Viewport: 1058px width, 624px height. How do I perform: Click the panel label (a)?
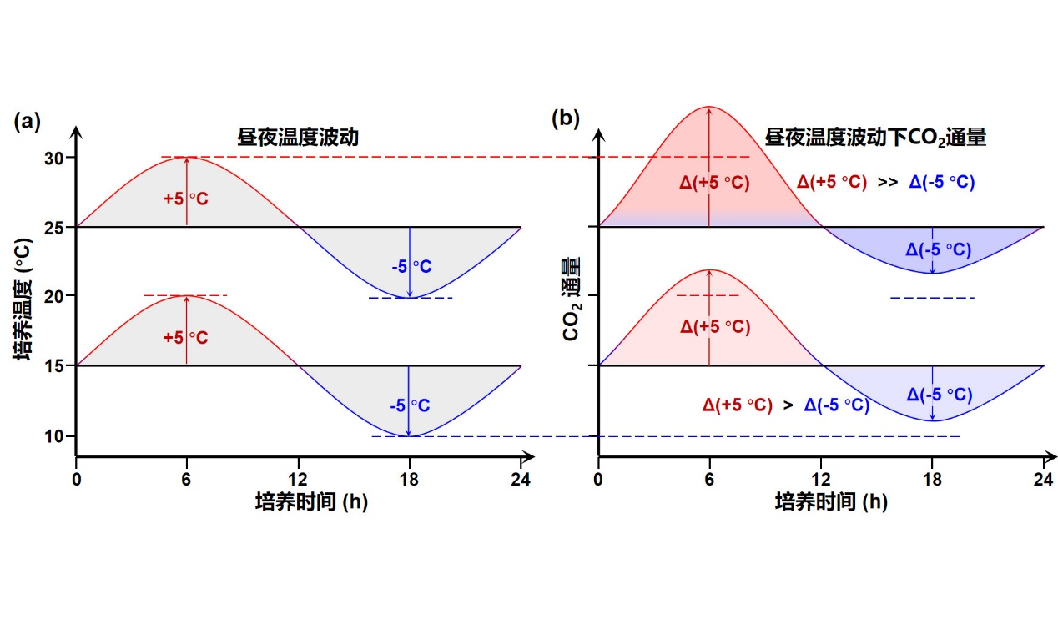(28, 122)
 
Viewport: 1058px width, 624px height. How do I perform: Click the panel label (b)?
(566, 118)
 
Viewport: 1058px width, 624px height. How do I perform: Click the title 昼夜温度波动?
(297, 138)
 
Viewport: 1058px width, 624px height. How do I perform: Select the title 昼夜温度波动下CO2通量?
(875, 138)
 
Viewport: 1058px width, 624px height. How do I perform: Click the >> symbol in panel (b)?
(887, 182)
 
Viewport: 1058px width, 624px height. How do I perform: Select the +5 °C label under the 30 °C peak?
(185, 199)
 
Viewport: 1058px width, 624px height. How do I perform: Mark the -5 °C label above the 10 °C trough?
(410, 406)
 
